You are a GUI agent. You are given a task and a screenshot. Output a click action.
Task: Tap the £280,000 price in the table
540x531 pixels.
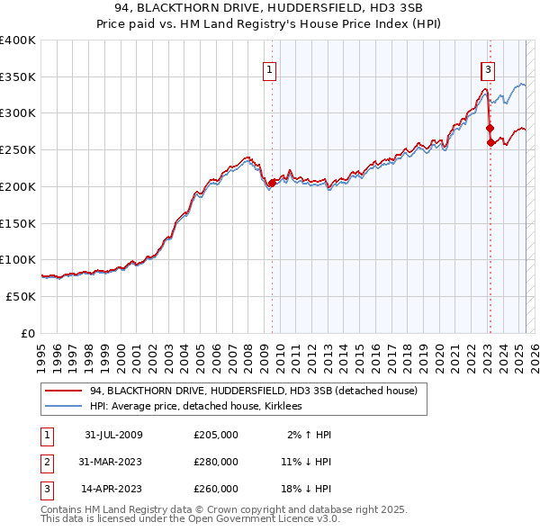pyautogui.click(x=216, y=462)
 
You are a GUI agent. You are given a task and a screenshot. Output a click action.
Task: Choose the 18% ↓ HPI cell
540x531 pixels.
pyautogui.click(x=305, y=489)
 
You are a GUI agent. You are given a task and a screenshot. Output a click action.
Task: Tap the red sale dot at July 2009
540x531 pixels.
pyautogui.click(x=272, y=183)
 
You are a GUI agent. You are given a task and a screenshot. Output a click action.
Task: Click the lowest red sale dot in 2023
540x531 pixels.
pyautogui.click(x=490, y=142)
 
